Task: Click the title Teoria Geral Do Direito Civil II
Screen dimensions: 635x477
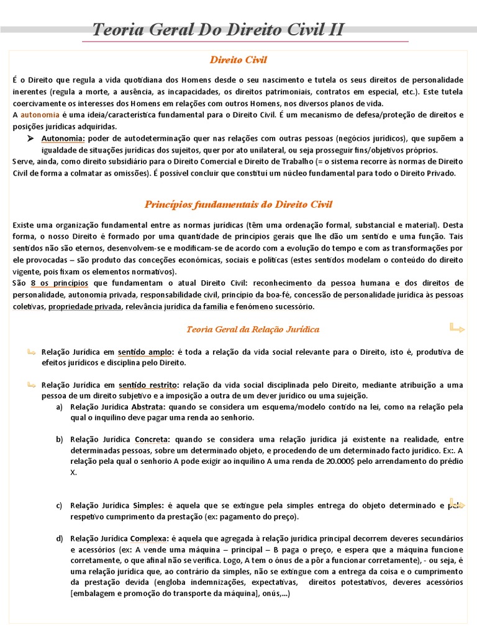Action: click(218, 30)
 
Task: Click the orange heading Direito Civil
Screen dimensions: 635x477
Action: click(238, 60)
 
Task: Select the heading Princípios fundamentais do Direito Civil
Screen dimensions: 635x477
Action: click(238, 204)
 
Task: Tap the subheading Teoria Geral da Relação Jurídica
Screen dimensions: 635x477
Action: click(253, 329)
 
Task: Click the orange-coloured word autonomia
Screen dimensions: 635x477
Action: click(40, 115)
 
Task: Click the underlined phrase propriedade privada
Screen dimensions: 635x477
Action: click(84, 306)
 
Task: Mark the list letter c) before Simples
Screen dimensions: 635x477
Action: click(60, 505)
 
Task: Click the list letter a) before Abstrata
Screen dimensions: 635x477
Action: click(60, 407)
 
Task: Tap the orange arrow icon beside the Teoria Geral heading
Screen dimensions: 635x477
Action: click(457, 327)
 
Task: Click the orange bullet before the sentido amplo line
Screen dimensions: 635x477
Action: click(31, 352)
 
